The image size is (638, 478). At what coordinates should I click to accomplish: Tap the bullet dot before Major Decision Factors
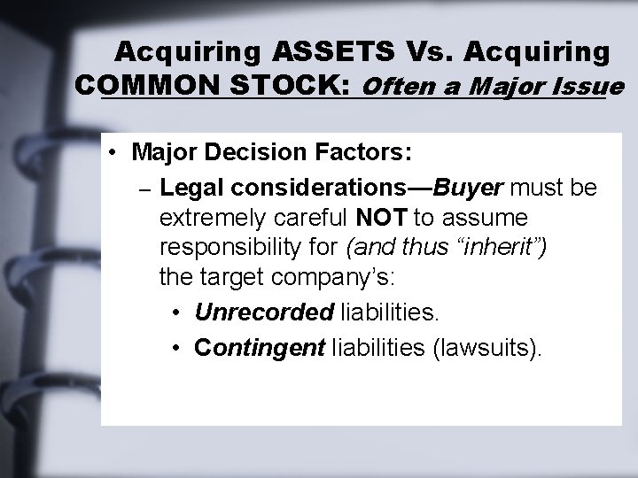116,152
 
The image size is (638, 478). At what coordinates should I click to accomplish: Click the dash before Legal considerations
144,189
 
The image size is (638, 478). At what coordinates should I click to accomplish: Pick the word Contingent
259,347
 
